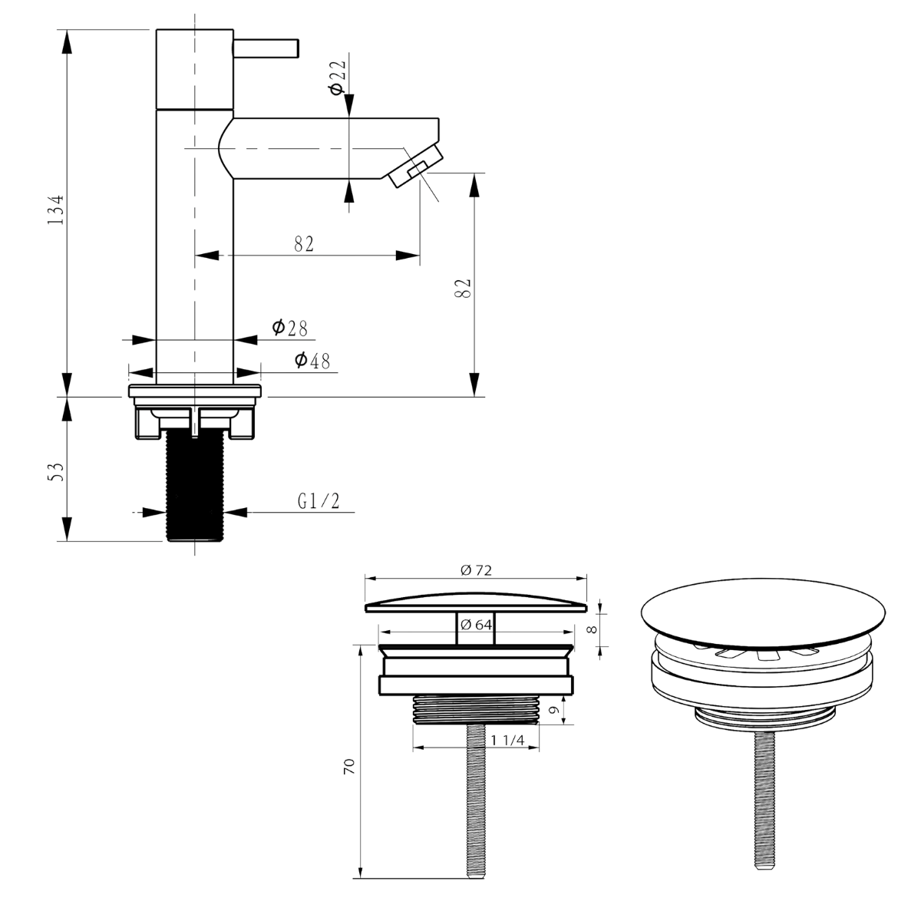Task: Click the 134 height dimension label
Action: [54, 209]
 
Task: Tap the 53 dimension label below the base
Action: [54, 470]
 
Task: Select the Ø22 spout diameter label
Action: [336, 76]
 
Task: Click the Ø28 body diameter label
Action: [289, 328]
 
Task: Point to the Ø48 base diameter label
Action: [312, 360]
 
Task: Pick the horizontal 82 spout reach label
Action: [304, 244]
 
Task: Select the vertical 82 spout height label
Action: [462, 289]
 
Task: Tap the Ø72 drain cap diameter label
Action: [475, 569]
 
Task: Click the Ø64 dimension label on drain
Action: [476, 624]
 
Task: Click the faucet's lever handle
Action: [266, 47]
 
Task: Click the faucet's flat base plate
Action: [195, 391]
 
